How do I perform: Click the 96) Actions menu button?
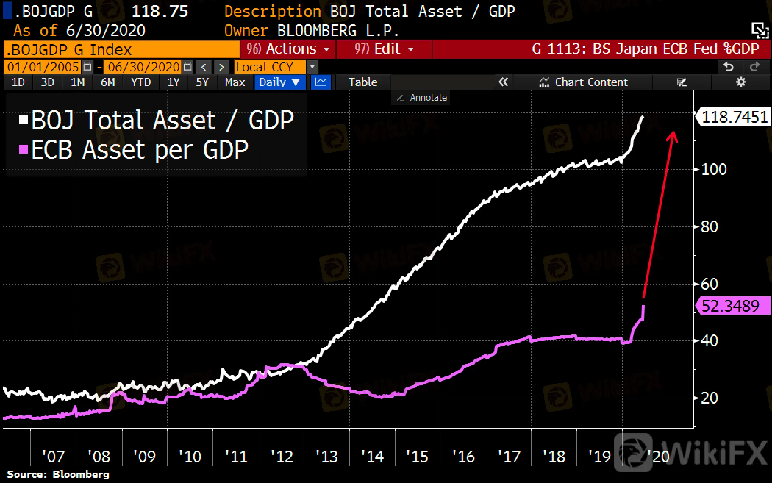pyautogui.click(x=287, y=49)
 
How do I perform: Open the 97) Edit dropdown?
pyautogui.click(x=384, y=49)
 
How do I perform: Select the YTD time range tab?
pyautogui.click(x=141, y=82)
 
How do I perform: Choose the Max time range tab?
pyautogui.click(x=235, y=82)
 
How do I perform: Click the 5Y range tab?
pyautogui.click(x=202, y=82)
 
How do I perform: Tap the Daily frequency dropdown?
pyautogui.click(x=279, y=82)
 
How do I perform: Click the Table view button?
pyautogui.click(x=363, y=82)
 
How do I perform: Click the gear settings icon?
pyautogui.click(x=741, y=82)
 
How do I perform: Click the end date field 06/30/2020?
pyautogui.click(x=144, y=67)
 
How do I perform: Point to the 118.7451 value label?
pyautogui.click(x=734, y=117)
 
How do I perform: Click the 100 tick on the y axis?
pyautogui.click(x=714, y=169)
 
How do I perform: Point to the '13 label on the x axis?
pyautogui.click(x=326, y=457)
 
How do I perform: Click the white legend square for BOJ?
pyautogui.click(x=24, y=120)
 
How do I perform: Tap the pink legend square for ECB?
pyautogui.click(x=24, y=149)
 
